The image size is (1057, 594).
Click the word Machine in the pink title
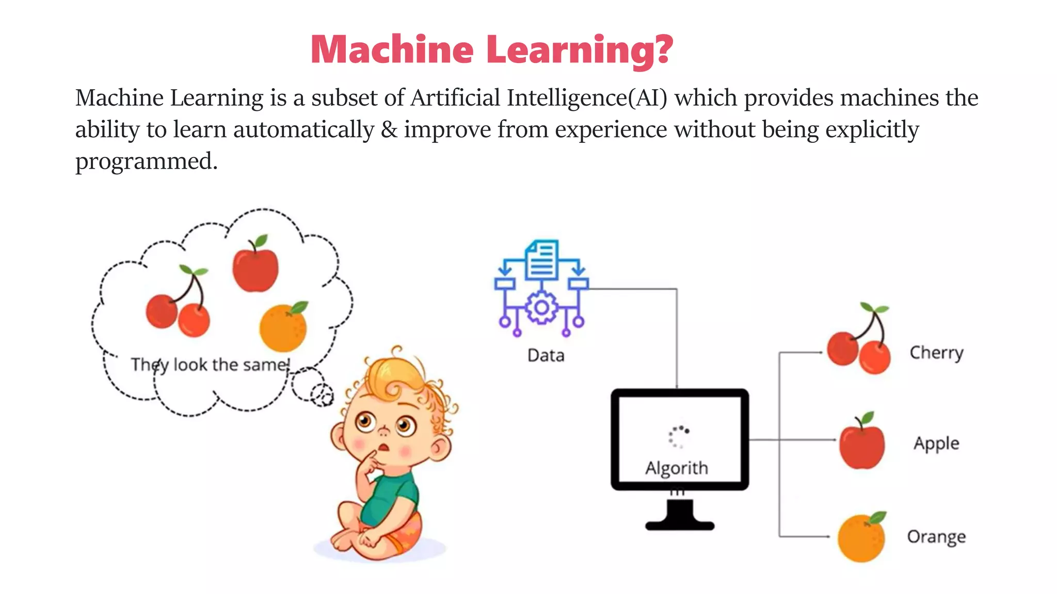click(392, 49)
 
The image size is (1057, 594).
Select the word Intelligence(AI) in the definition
click(587, 98)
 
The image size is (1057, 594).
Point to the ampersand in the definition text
click(389, 130)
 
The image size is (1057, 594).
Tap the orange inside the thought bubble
click(283, 327)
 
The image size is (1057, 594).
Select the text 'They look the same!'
click(210, 365)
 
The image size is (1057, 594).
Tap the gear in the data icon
click(541, 308)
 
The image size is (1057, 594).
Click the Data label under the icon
click(546, 356)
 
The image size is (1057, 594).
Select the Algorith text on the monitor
click(677, 468)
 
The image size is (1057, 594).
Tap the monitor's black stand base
click(680, 525)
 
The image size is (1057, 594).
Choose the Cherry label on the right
click(936, 353)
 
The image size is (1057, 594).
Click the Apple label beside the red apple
click(936, 443)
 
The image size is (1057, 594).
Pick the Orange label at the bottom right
click(936, 537)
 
